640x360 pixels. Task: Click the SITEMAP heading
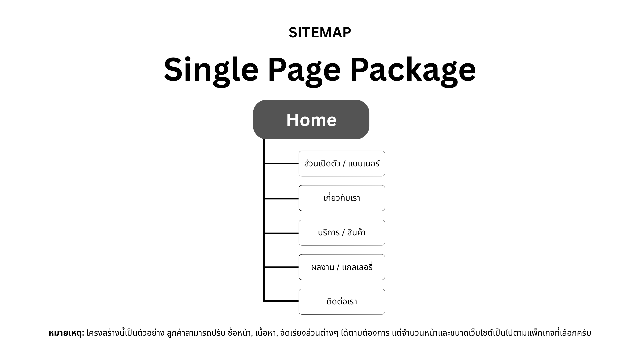click(x=320, y=33)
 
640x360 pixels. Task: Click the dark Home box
click(x=311, y=120)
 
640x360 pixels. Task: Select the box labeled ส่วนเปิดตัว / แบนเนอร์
click(x=342, y=164)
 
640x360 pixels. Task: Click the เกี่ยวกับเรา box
click(x=342, y=198)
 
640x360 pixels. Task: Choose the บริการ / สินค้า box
click(x=342, y=233)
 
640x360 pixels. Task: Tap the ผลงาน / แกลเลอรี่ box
click(x=342, y=267)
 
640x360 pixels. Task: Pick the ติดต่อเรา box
click(x=342, y=302)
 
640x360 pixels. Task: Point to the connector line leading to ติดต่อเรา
click(x=281, y=301)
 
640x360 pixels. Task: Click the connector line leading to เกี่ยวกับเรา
click(x=281, y=199)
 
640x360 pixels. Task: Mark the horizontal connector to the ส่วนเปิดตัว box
click(x=281, y=164)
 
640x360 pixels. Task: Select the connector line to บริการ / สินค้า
click(x=281, y=233)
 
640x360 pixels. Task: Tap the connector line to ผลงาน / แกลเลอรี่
click(x=281, y=267)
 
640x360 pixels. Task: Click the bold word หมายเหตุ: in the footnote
click(x=66, y=333)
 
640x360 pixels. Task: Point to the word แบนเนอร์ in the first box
click(x=364, y=164)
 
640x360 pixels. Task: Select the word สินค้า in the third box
click(x=356, y=232)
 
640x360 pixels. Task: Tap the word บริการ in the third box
click(x=329, y=232)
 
